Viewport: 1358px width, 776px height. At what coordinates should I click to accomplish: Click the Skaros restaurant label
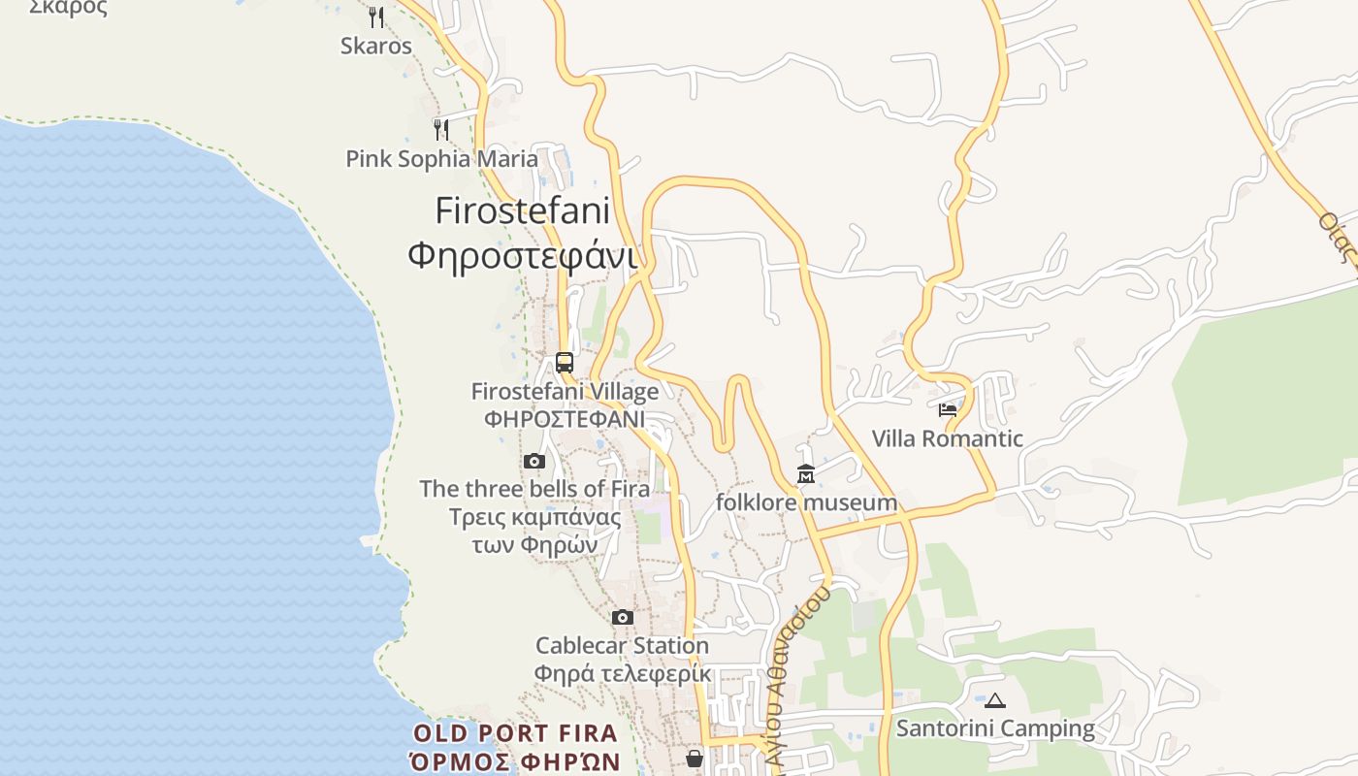point(375,46)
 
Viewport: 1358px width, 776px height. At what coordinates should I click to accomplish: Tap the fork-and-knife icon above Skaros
point(376,16)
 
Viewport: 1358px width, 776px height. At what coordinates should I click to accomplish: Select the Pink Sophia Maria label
point(441,158)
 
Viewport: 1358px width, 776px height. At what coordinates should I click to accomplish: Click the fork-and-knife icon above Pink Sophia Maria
point(441,129)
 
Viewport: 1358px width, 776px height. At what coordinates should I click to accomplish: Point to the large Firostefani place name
point(522,210)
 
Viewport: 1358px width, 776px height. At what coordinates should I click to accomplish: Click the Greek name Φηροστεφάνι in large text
point(522,256)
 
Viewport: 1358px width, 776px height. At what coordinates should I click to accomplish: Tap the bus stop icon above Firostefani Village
point(565,363)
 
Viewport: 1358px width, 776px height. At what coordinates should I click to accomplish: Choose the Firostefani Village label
point(565,392)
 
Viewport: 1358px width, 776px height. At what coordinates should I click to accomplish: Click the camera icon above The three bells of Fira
point(534,461)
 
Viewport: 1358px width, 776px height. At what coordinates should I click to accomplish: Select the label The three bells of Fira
point(534,489)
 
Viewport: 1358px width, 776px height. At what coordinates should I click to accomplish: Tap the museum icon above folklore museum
point(806,474)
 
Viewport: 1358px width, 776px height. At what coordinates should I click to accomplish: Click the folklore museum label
point(806,502)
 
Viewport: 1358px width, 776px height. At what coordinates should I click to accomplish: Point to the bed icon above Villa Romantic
point(948,409)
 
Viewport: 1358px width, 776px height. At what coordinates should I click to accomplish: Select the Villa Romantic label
point(948,438)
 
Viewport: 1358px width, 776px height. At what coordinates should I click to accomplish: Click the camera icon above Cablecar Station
point(623,617)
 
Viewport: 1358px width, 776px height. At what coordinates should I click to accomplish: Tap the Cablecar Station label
point(623,645)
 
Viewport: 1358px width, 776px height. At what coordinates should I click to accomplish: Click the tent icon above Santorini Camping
point(995,700)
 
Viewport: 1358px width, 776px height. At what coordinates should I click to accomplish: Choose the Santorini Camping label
point(995,728)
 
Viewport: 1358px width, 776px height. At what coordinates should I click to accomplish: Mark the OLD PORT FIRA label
point(515,733)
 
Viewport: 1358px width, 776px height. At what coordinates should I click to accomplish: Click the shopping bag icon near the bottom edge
point(695,759)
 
